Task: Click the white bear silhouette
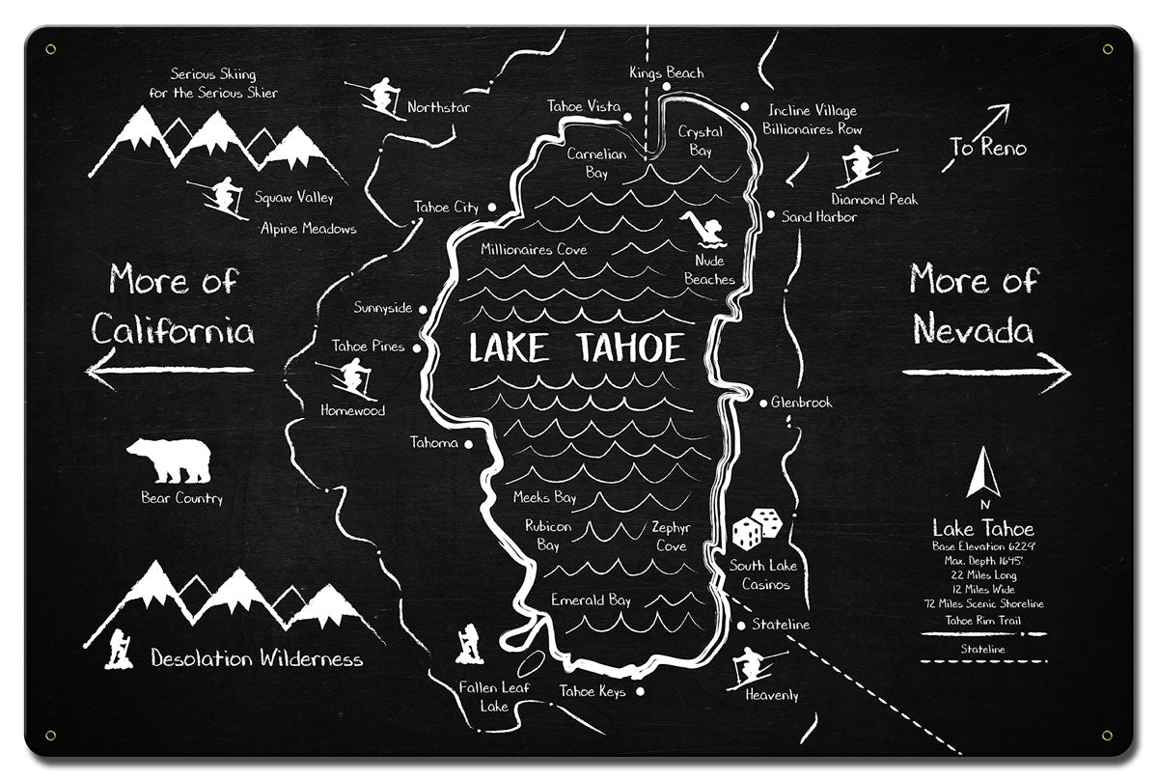coord(169,460)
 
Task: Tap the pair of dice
coord(758,529)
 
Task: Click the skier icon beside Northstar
coord(377,97)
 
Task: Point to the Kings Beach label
coord(666,72)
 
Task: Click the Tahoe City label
coord(446,208)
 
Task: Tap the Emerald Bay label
coord(591,600)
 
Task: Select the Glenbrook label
coord(801,403)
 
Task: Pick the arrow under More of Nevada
coord(986,373)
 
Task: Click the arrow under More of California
coord(169,370)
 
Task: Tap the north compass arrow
coord(983,474)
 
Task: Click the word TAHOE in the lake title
coord(631,348)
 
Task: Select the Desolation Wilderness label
coord(257,659)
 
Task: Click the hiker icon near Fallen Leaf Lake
coord(469,643)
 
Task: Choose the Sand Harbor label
coord(818,217)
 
